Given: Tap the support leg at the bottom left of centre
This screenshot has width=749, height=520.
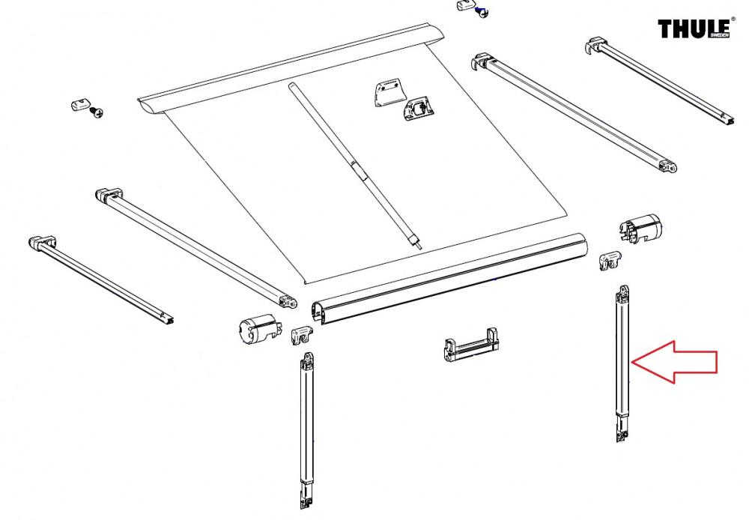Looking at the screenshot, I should [x=307, y=427].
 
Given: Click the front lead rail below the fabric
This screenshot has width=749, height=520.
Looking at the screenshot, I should [x=449, y=279].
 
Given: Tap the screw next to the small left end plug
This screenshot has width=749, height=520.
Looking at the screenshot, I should [x=96, y=112].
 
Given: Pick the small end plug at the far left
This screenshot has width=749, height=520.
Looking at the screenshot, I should [x=77, y=103].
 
